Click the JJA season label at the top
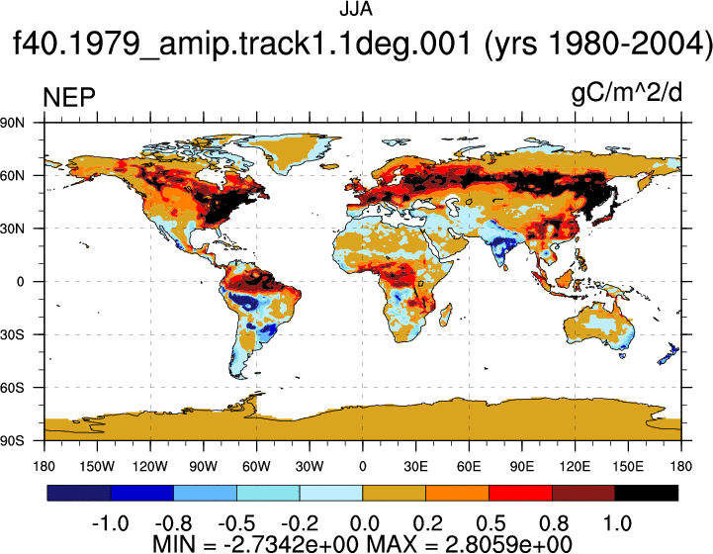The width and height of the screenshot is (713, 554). (356, 9)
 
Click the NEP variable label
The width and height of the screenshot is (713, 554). (69, 97)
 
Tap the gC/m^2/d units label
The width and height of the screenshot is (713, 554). (627, 94)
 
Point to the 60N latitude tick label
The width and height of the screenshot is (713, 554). (12, 175)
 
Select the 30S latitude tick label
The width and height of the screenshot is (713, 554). (12, 334)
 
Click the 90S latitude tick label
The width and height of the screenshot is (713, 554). (12, 441)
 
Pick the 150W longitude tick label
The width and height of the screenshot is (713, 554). (97, 466)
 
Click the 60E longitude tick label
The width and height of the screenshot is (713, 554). (469, 466)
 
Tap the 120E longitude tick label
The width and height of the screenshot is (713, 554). (575, 466)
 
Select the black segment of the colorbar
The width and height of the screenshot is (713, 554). (646, 493)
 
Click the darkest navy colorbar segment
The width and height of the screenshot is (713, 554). (79, 493)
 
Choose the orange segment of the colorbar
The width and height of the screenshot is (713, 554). (457, 493)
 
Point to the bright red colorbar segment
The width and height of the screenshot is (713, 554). (520, 493)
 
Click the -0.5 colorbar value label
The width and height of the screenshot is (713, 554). (236, 523)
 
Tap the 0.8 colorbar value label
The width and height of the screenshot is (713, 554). (554, 523)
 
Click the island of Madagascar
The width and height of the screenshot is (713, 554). (446, 316)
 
